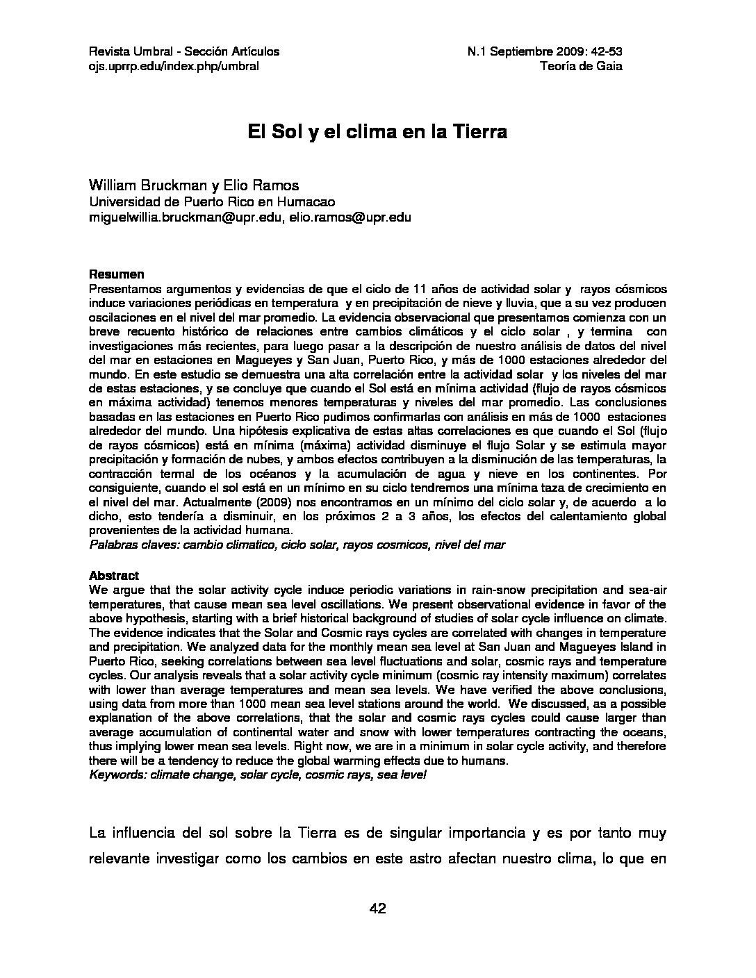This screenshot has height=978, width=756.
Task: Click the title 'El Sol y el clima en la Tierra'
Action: coord(377,133)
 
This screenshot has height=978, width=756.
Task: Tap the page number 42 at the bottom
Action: coord(378,909)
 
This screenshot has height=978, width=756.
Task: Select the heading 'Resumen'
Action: coord(117,274)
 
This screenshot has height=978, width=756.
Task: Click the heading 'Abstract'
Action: coord(114,576)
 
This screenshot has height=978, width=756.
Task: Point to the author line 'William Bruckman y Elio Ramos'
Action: coord(194,185)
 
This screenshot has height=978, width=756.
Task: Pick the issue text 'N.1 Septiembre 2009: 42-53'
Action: coord(545,51)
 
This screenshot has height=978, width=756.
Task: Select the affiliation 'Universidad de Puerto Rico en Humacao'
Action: coord(212,202)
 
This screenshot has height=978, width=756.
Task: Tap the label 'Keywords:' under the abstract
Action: coord(118,774)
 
